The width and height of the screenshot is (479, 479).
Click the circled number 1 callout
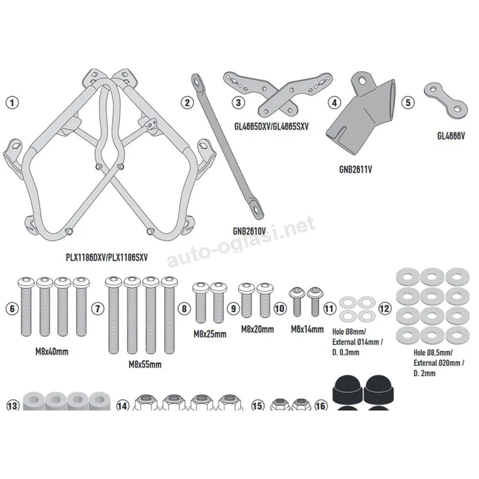pyautogui.click(x=12, y=103)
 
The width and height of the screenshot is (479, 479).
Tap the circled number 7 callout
pyautogui.click(x=98, y=308)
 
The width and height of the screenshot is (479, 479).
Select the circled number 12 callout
pyautogui.click(x=385, y=308)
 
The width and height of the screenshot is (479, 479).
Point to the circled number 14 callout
pyautogui.click(x=122, y=406)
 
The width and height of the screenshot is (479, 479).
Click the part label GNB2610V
pyautogui.click(x=249, y=231)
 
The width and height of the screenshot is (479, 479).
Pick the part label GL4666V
pyautogui.click(x=451, y=136)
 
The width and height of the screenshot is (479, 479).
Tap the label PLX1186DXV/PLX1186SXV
pyautogui.click(x=107, y=258)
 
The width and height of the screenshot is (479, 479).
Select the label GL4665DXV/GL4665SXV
pyautogui.click(x=271, y=126)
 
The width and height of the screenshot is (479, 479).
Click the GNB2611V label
pyautogui.click(x=355, y=169)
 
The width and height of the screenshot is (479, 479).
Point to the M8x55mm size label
pyautogui.click(x=145, y=365)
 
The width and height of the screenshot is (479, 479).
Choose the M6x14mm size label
pyautogui.click(x=308, y=330)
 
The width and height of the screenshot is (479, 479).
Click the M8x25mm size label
pyautogui.click(x=210, y=334)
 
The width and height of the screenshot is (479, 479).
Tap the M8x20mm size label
pyautogui.click(x=258, y=330)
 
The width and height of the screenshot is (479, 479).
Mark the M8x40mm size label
pyautogui.click(x=52, y=352)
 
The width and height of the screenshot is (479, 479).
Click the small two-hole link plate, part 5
pyautogui.click(x=445, y=100)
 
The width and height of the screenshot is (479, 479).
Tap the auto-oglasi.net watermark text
pyautogui.click(x=241, y=241)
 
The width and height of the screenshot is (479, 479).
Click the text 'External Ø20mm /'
pyautogui.click(x=439, y=363)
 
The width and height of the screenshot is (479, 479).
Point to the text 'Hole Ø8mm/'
pyautogui.click(x=349, y=331)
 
